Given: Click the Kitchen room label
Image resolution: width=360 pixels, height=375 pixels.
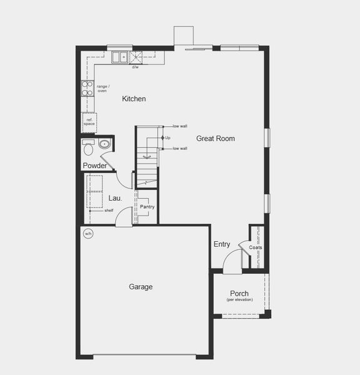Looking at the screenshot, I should pyautogui.click(x=134, y=99).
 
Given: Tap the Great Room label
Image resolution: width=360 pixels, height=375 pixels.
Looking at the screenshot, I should pyautogui.click(x=216, y=138).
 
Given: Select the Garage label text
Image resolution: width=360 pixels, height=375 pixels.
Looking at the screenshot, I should pyautogui.click(x=141, y=287).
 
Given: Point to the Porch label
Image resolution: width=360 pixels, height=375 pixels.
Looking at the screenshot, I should pyautogui.click(x=239, y=294).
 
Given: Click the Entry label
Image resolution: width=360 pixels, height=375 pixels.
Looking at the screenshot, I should pyautogui.click(x=221, y=244).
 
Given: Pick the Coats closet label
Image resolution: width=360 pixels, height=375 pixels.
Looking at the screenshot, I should pyautogui.click(x=256, y=247).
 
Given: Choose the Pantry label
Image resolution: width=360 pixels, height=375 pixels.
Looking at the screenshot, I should pyautogui.click(x=147, y=207).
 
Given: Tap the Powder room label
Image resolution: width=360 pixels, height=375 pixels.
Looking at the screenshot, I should pyautogui.click(x=94, y=166).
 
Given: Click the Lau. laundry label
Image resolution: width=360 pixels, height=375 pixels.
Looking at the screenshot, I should pyautogui.click(x=115, y=198).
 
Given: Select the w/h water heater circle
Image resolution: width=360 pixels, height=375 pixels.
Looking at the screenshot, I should pyautogui.click(x=88, y=234).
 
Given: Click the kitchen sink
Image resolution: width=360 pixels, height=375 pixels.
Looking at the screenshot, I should pyautogui.click(x=118, y=58).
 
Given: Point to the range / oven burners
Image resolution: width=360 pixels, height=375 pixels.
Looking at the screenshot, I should pyautogui.click(x=87, y=87).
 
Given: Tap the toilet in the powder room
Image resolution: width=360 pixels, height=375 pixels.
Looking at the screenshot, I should pyautogui.click(x=87, y=149).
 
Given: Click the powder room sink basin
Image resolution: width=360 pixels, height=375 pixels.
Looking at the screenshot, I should pyautogui.click(x=104, y=145).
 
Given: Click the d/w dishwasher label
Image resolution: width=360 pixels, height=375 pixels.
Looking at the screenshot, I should pyautogui.click(x=135, y=67).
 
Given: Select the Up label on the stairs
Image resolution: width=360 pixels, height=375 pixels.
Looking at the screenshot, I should pyautogui.click(x=168, y=137).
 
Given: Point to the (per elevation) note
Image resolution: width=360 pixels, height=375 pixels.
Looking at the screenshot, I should pyautogui.click(x=239, y=300).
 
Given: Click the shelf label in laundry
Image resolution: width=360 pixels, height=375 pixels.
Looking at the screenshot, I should pyautogui.click(x=109, y=211).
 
